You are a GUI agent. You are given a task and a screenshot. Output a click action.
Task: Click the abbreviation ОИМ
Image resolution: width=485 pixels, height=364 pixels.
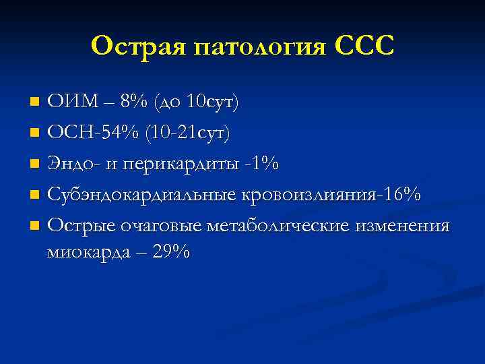click(70, 102)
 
